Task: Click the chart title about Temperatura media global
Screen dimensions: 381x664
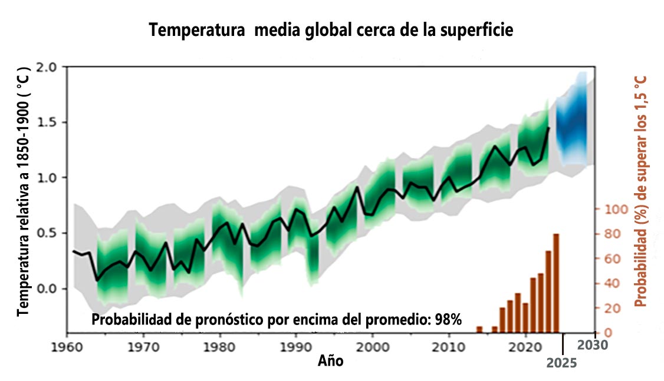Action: coord(331,30)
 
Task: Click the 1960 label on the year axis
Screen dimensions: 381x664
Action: coord(67,346)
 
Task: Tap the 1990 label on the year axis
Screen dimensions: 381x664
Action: coord(296,346)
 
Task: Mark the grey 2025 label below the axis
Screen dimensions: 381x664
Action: coord(561,363)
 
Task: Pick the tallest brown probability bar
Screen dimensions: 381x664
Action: coord(555,283)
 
